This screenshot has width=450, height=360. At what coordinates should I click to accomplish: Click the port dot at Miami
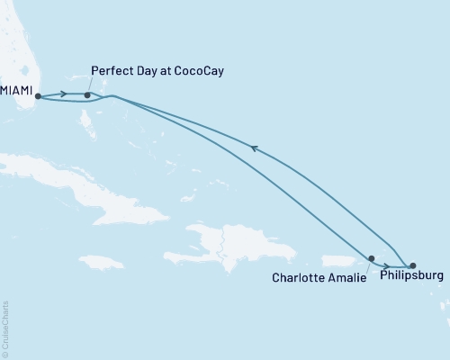click(38, 95)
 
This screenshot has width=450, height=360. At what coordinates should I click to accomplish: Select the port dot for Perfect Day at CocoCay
click(87, 94)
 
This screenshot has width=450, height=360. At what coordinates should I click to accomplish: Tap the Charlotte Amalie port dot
click(371, 258)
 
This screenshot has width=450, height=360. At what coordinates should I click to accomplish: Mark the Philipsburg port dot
click(413, 265)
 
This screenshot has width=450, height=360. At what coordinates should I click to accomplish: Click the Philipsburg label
click(412, 278)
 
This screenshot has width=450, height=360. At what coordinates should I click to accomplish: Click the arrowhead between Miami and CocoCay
click(64, 94)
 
